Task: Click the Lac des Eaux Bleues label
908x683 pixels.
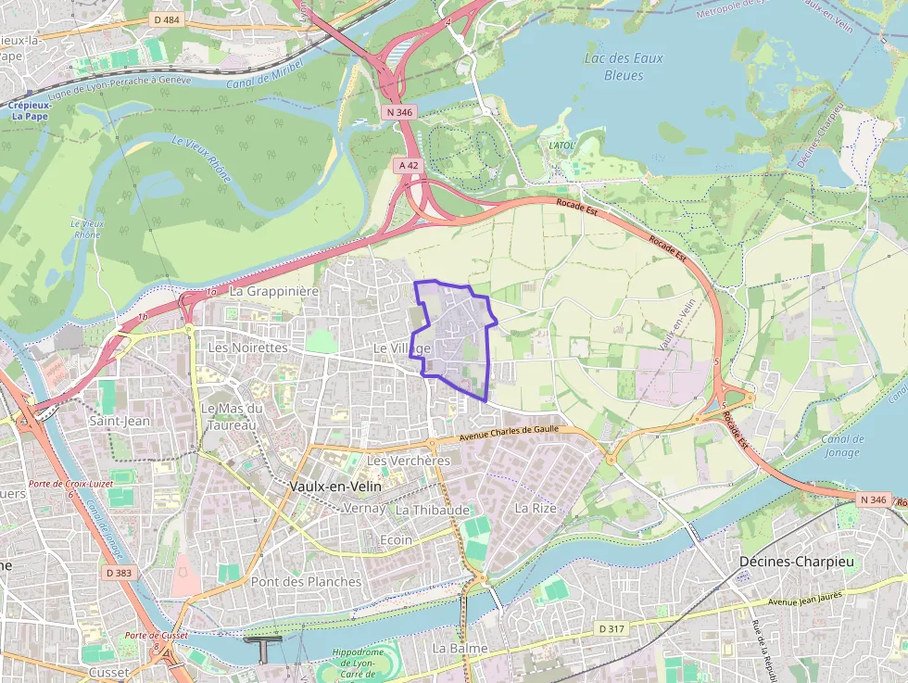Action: pyautogui.click(x=624, y=66)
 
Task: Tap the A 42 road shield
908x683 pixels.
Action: pyautogui.click(x=407, y=165)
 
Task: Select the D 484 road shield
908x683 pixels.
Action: pyautogui.click(x=167, y=19)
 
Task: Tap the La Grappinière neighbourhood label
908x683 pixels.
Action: pyautogui.click(x=273, y=291)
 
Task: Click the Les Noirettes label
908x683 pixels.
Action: pyautogui.click(x=248, y=347)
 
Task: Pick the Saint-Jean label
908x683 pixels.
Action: pyautogui.click(x=120, y=421)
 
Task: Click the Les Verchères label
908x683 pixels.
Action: pyautogui.click(x=409, y=461)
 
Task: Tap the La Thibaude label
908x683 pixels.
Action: pyautogui.click(x=433, y=510)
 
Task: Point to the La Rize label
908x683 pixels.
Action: pyautogui.click(x=535, y=508)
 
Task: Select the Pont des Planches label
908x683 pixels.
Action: pyautogui.click(x=306, y=582)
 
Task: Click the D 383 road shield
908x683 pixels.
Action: pyautogui.click(x=119, y=573)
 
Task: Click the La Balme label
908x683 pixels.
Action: pyautogui.click(x=460, y=648)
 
